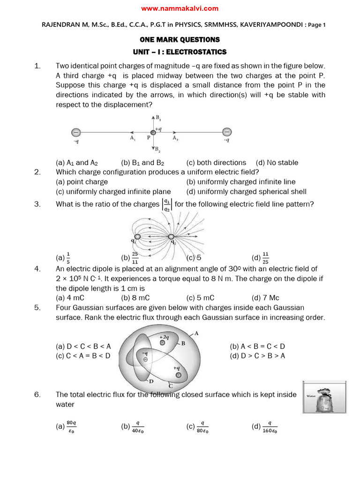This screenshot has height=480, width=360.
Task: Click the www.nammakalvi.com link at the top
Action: (180, 8)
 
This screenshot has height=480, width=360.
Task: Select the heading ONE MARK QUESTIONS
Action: (180, 40)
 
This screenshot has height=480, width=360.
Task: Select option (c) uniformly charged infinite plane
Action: (113, 191)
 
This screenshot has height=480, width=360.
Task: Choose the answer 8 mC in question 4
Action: (135, 298)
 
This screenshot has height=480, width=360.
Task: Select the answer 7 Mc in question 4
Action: (265, 298)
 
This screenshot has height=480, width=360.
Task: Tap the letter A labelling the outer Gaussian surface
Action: (196, 333)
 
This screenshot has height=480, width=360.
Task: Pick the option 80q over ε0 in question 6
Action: (67, 426)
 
